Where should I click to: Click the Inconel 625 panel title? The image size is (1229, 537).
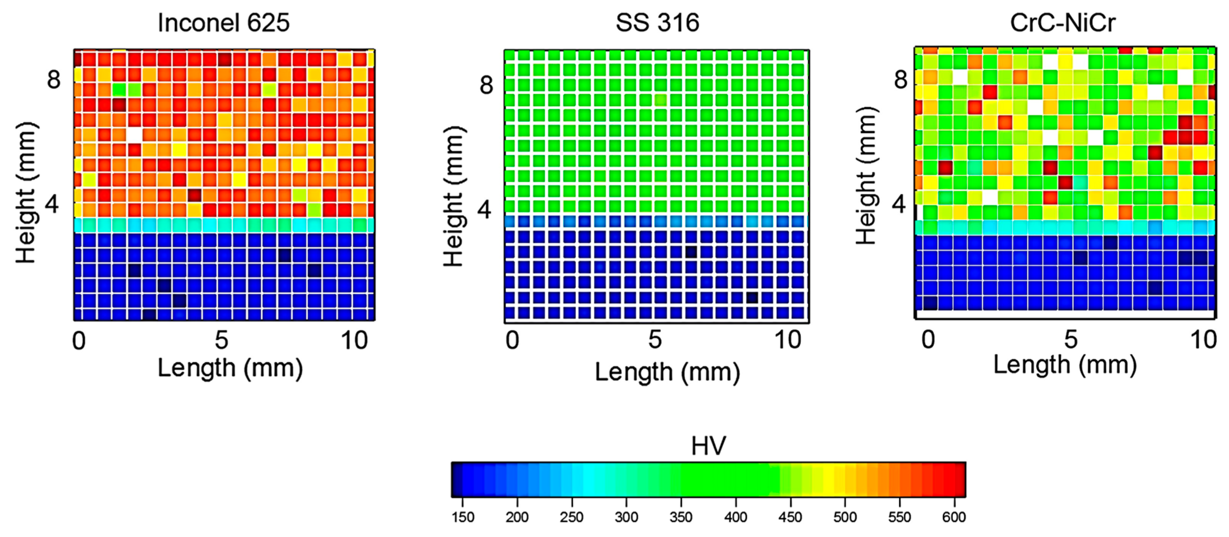[223, 23]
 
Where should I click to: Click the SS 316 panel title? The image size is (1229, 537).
[657, 23]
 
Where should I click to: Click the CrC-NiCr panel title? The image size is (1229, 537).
[1062, 23]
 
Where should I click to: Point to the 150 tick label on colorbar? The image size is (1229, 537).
[463, 517]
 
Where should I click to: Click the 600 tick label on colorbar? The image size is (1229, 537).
[954, 517]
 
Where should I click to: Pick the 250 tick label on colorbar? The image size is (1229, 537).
[572, 517]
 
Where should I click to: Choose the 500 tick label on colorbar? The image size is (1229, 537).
[845, 517]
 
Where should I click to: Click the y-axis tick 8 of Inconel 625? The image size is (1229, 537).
[53, 80]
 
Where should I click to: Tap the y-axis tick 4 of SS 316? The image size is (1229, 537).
[485, 209]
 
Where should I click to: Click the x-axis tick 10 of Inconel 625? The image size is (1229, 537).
[354, 341]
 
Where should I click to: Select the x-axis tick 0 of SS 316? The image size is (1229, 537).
[512, 340]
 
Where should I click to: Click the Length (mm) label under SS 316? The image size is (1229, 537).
[667, 372]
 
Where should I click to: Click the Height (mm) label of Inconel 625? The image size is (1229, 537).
[25, 193]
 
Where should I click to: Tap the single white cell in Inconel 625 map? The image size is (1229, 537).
[134, 135]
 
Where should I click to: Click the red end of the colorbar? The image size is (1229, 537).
[960, 479]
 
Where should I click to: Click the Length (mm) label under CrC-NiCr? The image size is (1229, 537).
[1065, 365]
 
